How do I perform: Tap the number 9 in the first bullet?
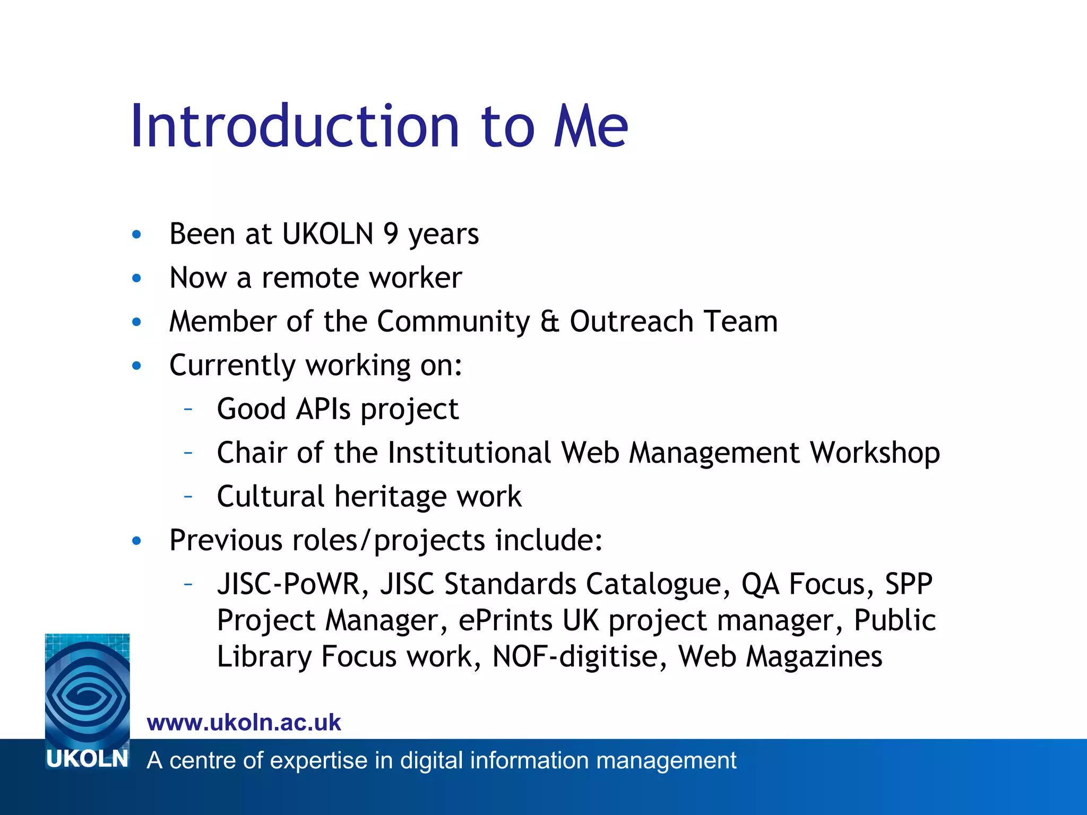tap(391, 233)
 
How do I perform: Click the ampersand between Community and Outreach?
tap(549, 322)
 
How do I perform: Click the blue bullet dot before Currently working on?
tap(137, 366)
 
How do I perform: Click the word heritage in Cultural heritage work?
tap(391, 497)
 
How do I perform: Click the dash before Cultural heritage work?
tap(188, 497)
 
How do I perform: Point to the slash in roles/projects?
tap(365, 541)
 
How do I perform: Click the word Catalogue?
tap(658, 584)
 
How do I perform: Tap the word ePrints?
tap(505, 620)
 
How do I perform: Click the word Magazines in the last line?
tap(814, 656)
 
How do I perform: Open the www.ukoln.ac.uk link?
tap(244, 723)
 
